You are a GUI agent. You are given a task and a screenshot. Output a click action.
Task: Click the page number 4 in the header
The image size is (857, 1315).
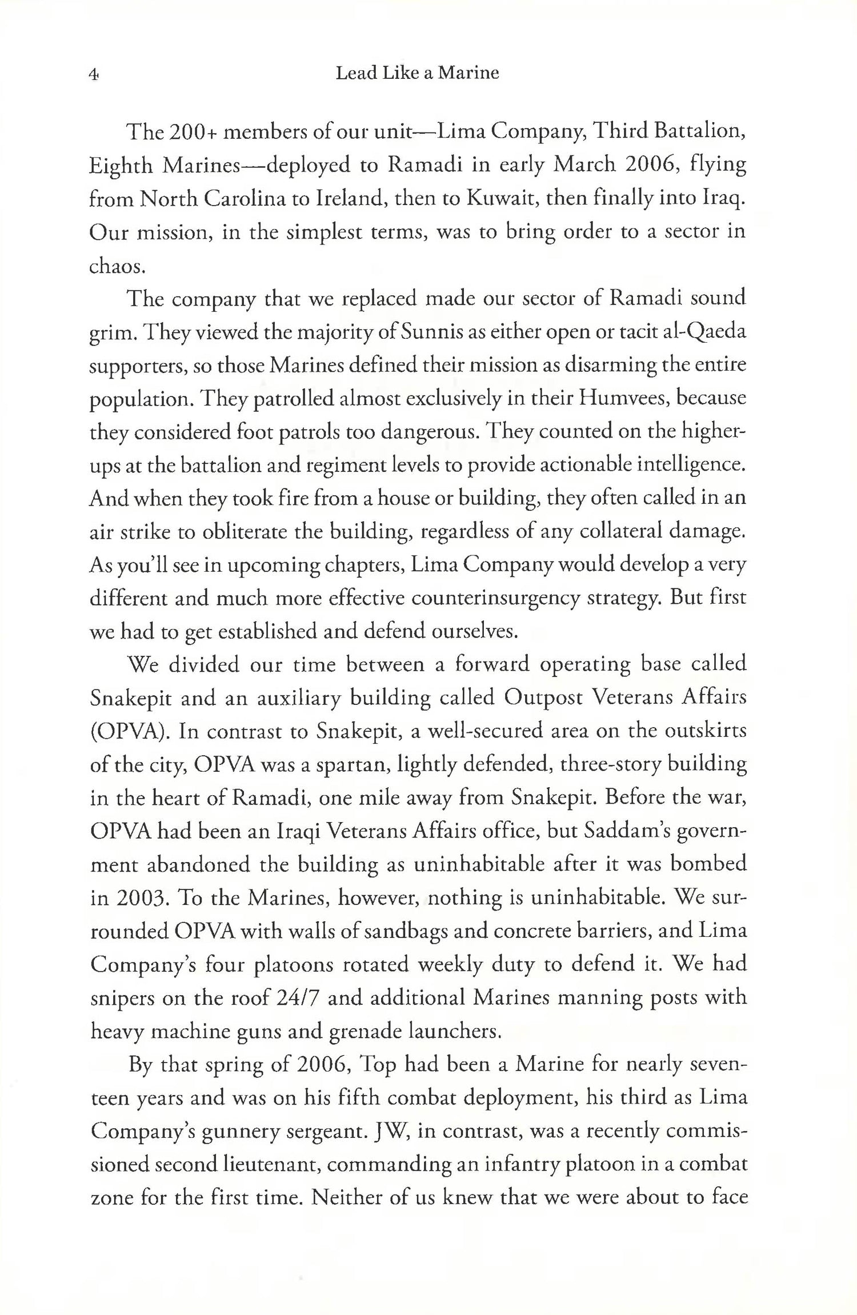click(94, 74)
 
